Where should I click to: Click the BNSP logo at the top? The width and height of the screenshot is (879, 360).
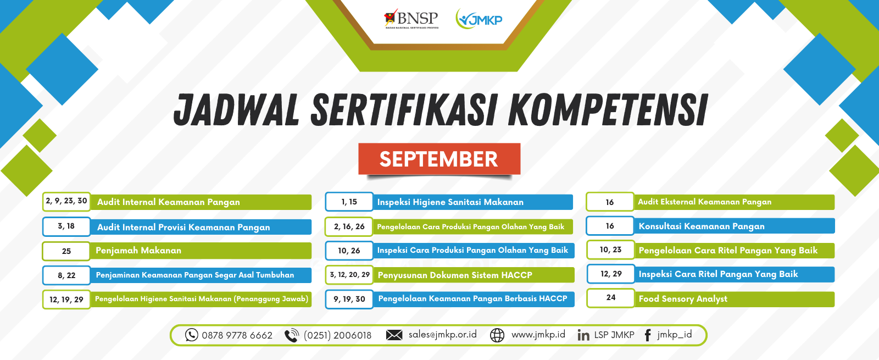[411, 19]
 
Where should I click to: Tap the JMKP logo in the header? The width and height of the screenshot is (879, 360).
[479, 19]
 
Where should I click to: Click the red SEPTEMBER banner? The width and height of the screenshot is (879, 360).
[439, 159]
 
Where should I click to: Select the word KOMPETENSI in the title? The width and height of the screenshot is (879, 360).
[608, 110]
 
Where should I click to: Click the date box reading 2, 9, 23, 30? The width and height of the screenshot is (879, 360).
[66, 201]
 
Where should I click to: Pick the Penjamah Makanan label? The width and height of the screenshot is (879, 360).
[138, 251]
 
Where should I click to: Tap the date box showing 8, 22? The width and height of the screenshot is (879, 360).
[66, 275]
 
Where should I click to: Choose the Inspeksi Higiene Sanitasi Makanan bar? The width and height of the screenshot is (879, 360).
[473, 202]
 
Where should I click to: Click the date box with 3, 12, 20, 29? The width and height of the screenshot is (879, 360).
[349, 275]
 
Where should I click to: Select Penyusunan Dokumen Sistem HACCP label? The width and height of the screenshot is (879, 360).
[455, 275]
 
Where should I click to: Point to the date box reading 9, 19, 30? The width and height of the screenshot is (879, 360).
[349, 299]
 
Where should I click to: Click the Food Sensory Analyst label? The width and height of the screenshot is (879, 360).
[683, 299]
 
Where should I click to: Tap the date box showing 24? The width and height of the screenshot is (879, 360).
[610, 298]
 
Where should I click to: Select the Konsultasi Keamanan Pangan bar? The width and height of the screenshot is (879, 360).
[734, 226]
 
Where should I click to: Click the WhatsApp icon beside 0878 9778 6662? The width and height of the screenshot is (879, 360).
[192, 335]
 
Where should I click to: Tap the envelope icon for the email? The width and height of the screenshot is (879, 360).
[394, 335]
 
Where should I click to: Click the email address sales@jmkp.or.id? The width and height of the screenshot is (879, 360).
[443, 335]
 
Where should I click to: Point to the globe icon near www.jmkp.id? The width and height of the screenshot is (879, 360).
[497, 335]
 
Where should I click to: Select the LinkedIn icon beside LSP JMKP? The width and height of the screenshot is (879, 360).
[583, 335]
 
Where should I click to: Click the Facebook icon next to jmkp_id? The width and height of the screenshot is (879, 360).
[648, 335]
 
